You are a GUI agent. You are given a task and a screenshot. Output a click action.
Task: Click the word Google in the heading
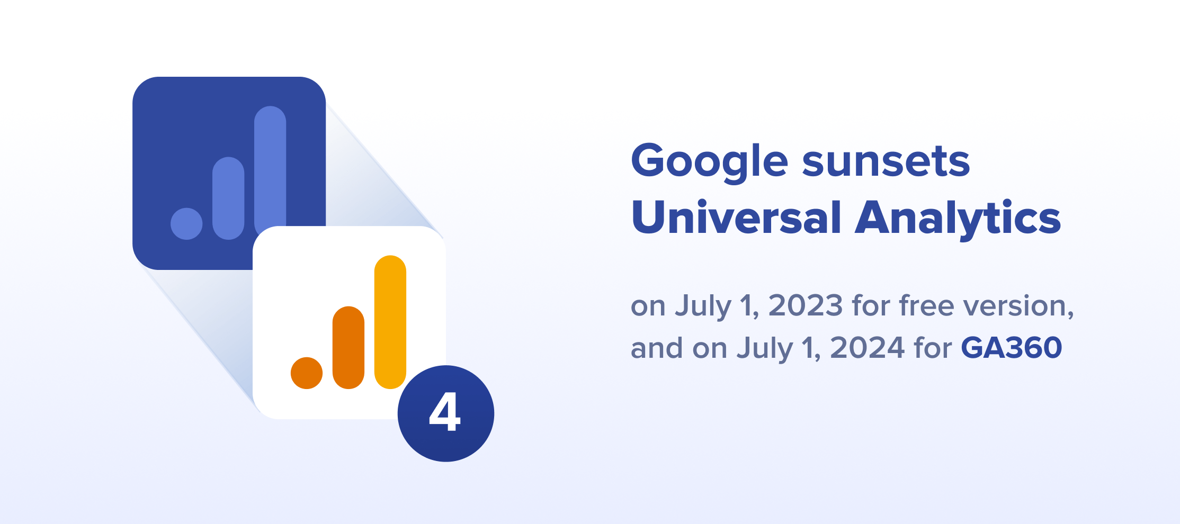click(710, 162)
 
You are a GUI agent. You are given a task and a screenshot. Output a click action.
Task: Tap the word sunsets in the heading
click(886, 161)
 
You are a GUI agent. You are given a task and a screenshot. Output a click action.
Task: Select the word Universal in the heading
click(736, 217)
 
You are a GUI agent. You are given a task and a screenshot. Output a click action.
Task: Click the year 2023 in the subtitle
click(806, 305)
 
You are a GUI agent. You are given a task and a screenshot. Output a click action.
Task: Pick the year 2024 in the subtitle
click(868, 348)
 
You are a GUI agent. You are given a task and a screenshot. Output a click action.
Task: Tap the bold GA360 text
click(1012, 348)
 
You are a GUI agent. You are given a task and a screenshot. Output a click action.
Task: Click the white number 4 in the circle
click(444, 412)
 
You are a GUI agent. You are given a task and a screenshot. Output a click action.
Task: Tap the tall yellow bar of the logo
click(390, 322)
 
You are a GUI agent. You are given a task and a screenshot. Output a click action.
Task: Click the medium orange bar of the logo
click(348, 347)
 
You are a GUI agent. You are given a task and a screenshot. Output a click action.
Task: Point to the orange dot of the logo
click(307, 373)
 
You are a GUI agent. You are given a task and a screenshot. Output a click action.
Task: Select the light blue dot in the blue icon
click(186, 223)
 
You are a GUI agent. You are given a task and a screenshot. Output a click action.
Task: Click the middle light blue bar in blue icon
click(228, 198)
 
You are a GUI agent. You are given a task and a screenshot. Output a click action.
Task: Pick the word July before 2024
click(765, 349)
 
